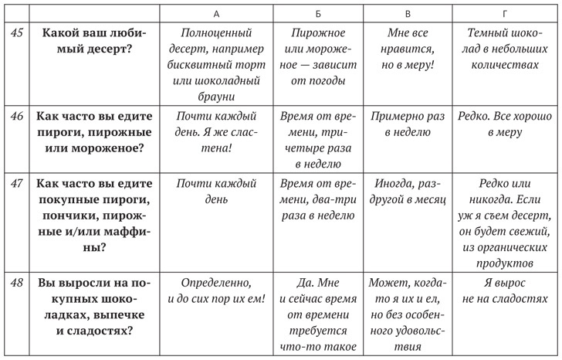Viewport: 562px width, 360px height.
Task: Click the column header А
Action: click(216, 14)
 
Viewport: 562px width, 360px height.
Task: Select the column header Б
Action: click(319, 14)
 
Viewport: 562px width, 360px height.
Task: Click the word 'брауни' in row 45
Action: click(216, 97)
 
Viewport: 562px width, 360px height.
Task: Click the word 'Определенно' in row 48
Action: click(216, 282)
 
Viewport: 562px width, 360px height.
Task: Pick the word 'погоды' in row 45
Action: click(327, 80)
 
